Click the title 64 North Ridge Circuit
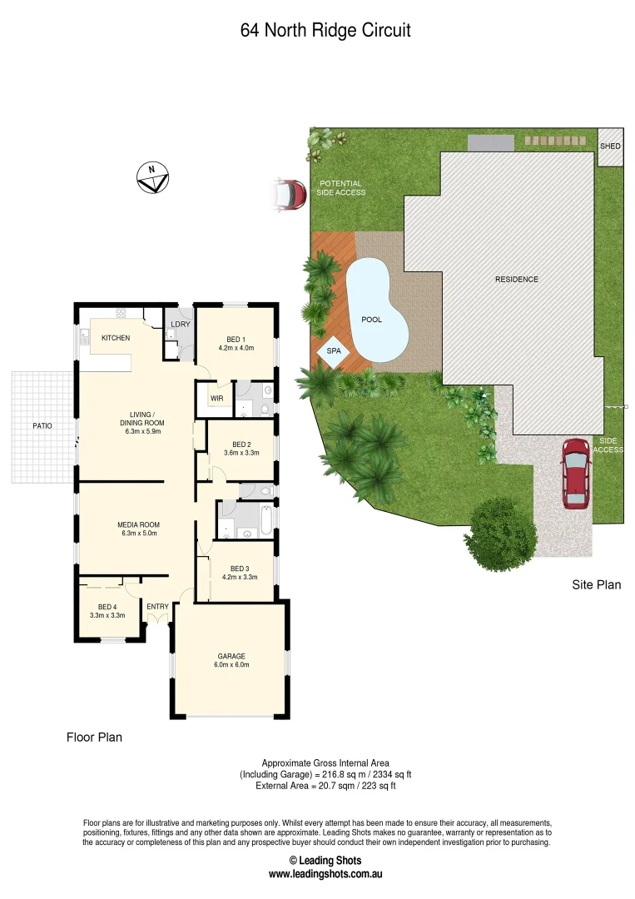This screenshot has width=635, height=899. pos(325,31)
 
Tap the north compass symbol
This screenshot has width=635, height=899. pos(152,177)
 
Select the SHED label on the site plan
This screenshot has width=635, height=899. pos(610,147)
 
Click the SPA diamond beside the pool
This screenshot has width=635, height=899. pos(334,351)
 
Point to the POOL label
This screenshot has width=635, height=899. pos(372,320)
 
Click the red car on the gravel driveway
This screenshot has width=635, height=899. pos(575,473)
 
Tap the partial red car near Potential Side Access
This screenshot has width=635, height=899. pos(289,195)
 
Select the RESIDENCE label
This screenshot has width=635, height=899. pos(517,280)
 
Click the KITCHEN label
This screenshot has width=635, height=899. pos(116,338)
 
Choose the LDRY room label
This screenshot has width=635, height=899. pos(181,325)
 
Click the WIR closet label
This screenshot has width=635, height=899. pos(217,399)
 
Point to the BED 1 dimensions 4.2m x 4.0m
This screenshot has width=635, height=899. pos(236,348)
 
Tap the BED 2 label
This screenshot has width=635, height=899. pos(241,445)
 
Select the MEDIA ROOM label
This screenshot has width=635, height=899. pos(138,524)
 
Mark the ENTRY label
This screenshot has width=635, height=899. pos(157,607)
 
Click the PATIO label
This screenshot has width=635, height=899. pos(42,426)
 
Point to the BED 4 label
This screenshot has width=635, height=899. pos(107,607)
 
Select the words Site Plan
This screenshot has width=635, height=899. pos(596,585)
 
